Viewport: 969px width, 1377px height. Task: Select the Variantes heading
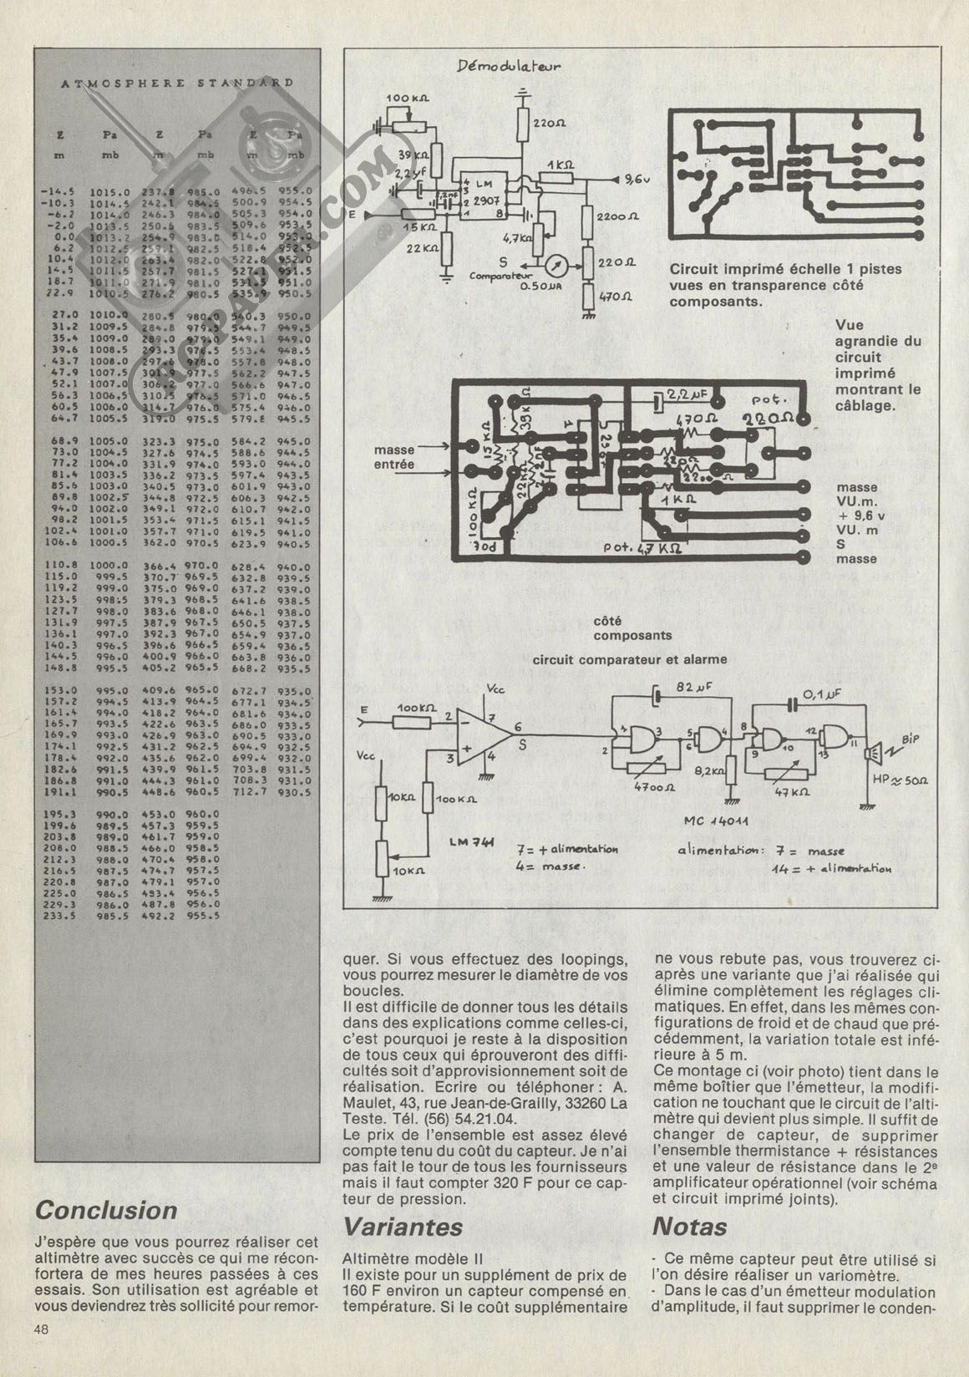click(x=403, y=1227)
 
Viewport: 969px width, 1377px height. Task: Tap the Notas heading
click(x=689, y=1227)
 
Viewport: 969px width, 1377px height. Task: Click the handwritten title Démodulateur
click(x=509, y=67)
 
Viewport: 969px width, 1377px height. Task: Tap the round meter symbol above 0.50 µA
click(x=556, y=265)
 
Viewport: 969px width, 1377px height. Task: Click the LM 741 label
click(x=469, y=842)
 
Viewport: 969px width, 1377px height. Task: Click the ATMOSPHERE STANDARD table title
click(x=177, y=83)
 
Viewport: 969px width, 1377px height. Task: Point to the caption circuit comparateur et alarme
click(x=630, y=659)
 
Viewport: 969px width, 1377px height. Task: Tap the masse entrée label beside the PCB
click(x=393, y=456)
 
